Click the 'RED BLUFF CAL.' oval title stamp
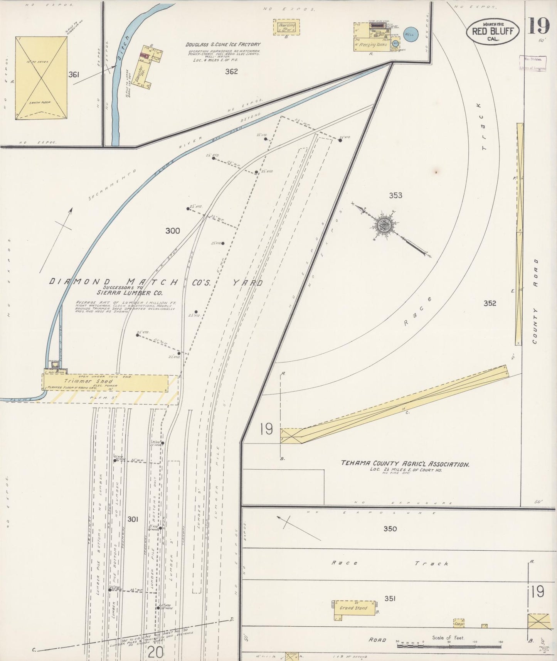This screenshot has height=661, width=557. pyautogui.click(x=493, y=31)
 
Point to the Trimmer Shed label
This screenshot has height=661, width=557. pyautogui.click(x=88, y=381)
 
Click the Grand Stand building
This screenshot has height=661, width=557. pyautogui.click(x=353, y=608)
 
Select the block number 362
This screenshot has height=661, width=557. pyautogui.click(x=231, y=71)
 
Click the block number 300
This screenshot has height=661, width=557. pyautogui.click(x=172, y=231)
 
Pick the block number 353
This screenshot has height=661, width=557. pyautogui.click(x=395, y=196)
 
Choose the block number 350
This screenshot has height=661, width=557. pyautogui.click(x=390, y=529)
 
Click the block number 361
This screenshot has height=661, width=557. pyautogui.click(x=74, y=75)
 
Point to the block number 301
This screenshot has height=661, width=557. pyautogui.click(x=133, y=519)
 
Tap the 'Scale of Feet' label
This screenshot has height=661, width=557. pyautogui.click(x=448, y=638)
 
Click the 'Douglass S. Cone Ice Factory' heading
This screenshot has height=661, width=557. pyautogui.click(x=223, y=45)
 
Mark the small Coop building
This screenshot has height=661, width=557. pyautogui.click(x=459, y=623)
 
